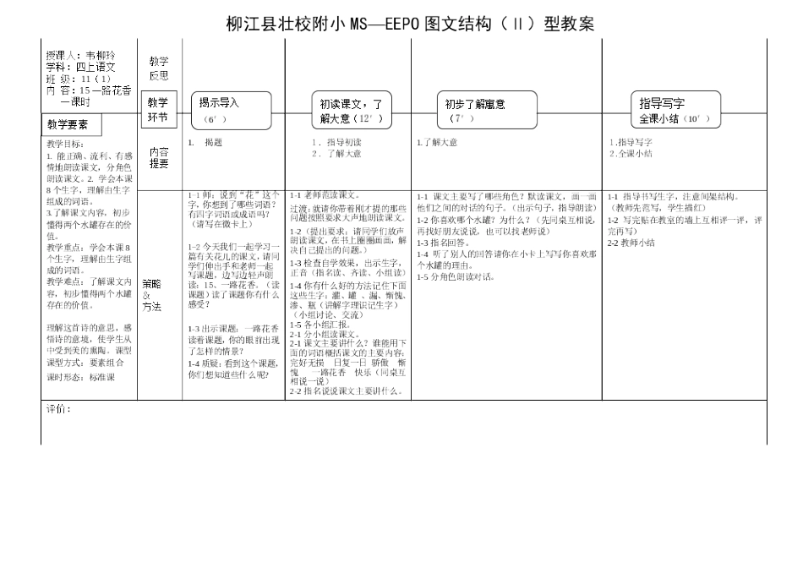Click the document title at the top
point(410,24)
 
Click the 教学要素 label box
point(72,125)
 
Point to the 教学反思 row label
point(159,68)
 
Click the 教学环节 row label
point(159,110)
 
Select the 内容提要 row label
point(159,157)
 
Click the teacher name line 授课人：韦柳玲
point(80,56)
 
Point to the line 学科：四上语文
point(80,67)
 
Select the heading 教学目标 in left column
point(65,145)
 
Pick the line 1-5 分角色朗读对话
point(456,276)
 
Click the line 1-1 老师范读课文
point(325,194)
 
